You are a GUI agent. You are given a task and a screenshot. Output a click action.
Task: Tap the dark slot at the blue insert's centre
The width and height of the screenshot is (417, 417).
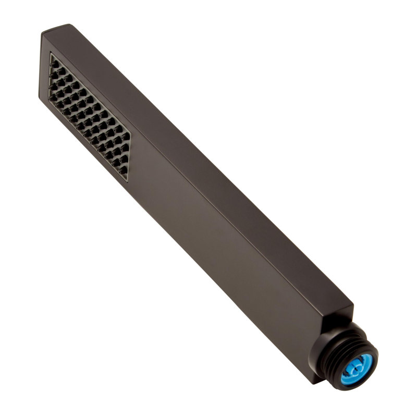coord(356,370)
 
